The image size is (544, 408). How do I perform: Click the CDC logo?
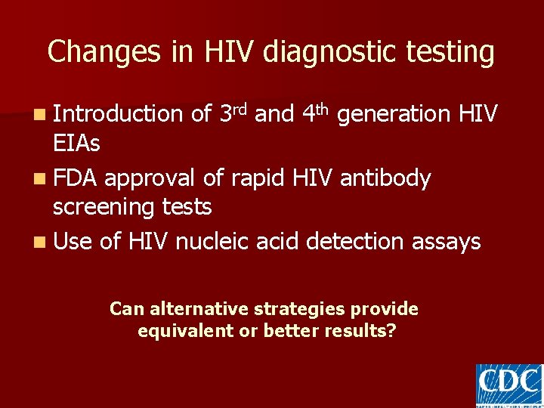tap(508, 385)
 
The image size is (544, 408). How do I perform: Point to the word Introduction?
tap(119, 114)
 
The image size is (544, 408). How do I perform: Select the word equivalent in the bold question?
tap(185, 331)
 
